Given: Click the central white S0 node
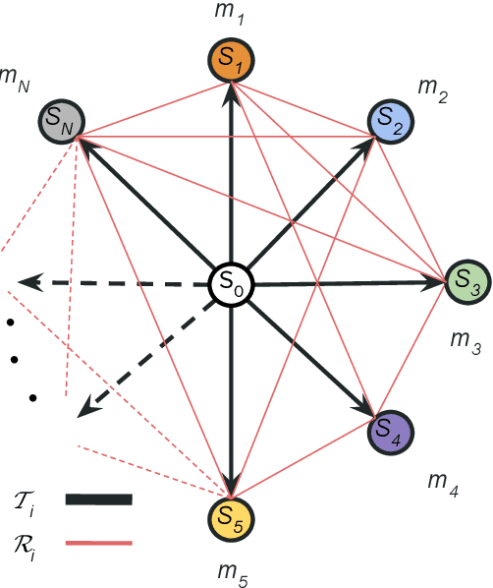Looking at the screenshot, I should point(233,286).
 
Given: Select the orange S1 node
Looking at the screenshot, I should point(232,63).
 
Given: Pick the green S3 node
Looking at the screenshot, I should point(466,283).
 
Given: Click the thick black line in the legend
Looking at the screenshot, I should point(97,500).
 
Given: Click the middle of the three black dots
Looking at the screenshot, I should point(15,359).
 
